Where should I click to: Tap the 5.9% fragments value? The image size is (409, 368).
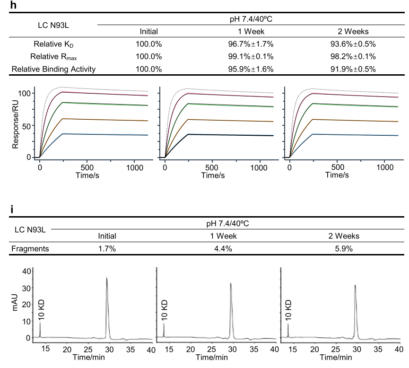coord(343,248)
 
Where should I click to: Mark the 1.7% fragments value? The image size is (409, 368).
coord(107,248)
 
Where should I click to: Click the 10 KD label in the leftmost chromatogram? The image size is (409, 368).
coord(41,309)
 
